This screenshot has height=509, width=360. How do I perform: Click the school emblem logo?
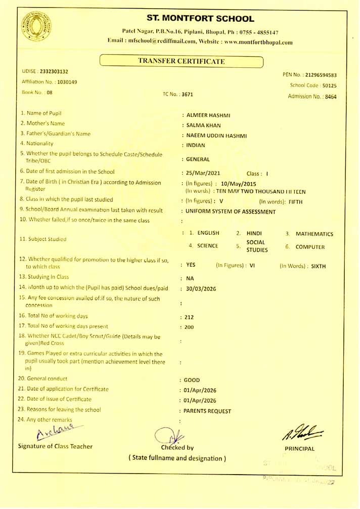tap(36, 26)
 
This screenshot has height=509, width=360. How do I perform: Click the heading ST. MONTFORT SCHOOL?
tap(201, 19)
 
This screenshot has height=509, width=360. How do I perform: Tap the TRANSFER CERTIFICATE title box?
tap(182, 61)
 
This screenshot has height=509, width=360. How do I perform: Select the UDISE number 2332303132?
tap(54, 72)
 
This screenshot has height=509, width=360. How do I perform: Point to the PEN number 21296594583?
tap(318, 75)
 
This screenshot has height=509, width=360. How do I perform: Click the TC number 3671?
tap(188, 94)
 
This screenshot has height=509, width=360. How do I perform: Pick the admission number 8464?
tap(331, 96)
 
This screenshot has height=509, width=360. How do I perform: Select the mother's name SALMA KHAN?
tap(204, 125)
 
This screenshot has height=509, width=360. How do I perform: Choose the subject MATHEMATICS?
tap(314, 234)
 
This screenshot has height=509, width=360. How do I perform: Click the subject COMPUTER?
tap(310, 247)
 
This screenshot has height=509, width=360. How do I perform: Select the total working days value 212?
tap(190, 317)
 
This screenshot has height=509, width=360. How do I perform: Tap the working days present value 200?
tap(190, 327)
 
